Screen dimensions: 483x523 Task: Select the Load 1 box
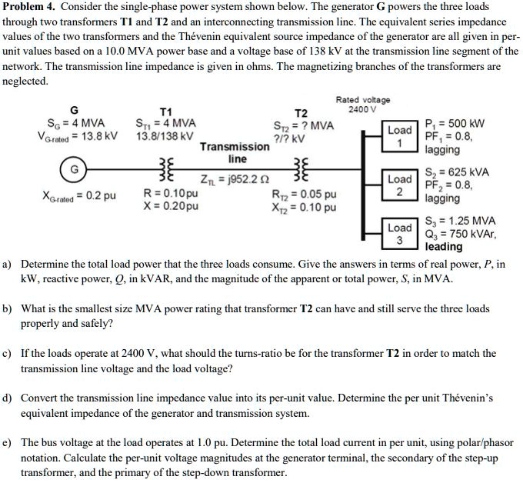(400, 135)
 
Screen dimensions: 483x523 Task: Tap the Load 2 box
(400, 185)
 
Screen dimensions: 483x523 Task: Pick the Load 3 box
(400, 234)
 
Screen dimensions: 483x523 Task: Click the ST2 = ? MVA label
(304, 126)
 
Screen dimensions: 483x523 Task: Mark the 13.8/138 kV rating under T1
(165, 136)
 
